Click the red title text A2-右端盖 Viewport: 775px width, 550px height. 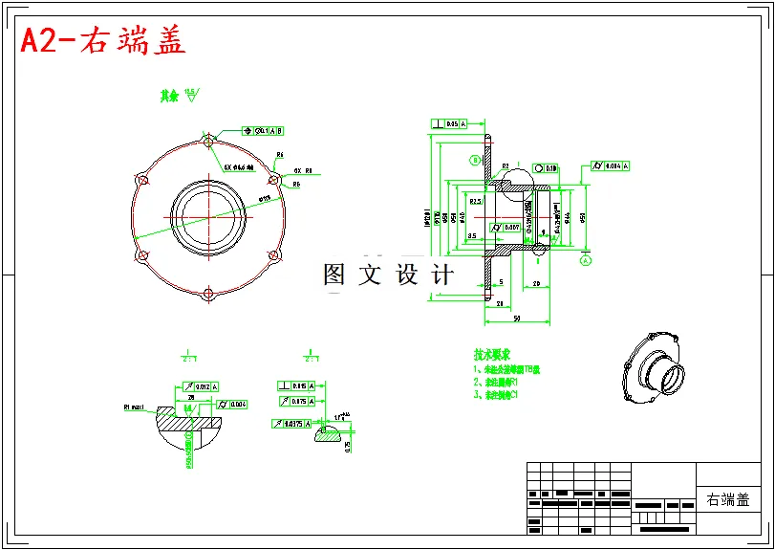(103, 40)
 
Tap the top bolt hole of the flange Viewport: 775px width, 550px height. (207, 142)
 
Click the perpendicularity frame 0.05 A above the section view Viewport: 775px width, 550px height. (450, 123)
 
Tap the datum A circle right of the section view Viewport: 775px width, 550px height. (586, 259)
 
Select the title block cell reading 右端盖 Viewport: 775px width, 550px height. (728, 499)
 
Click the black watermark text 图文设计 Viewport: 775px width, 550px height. (388, 275)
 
